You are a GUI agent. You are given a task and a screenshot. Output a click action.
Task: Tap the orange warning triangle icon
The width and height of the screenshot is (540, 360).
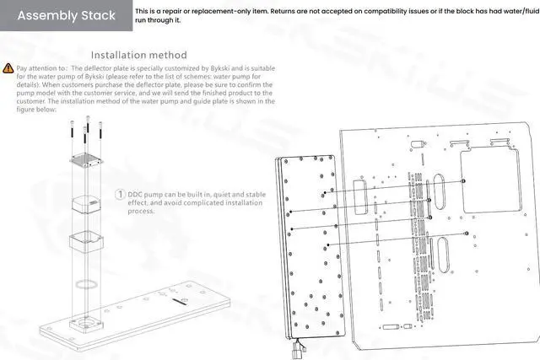click(x=8, y=67)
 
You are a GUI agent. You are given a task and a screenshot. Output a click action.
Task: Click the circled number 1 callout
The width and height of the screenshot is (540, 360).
click(x=120, y=195)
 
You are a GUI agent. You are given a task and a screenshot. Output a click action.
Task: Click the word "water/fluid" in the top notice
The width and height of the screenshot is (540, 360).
click(x=514, y=12)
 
